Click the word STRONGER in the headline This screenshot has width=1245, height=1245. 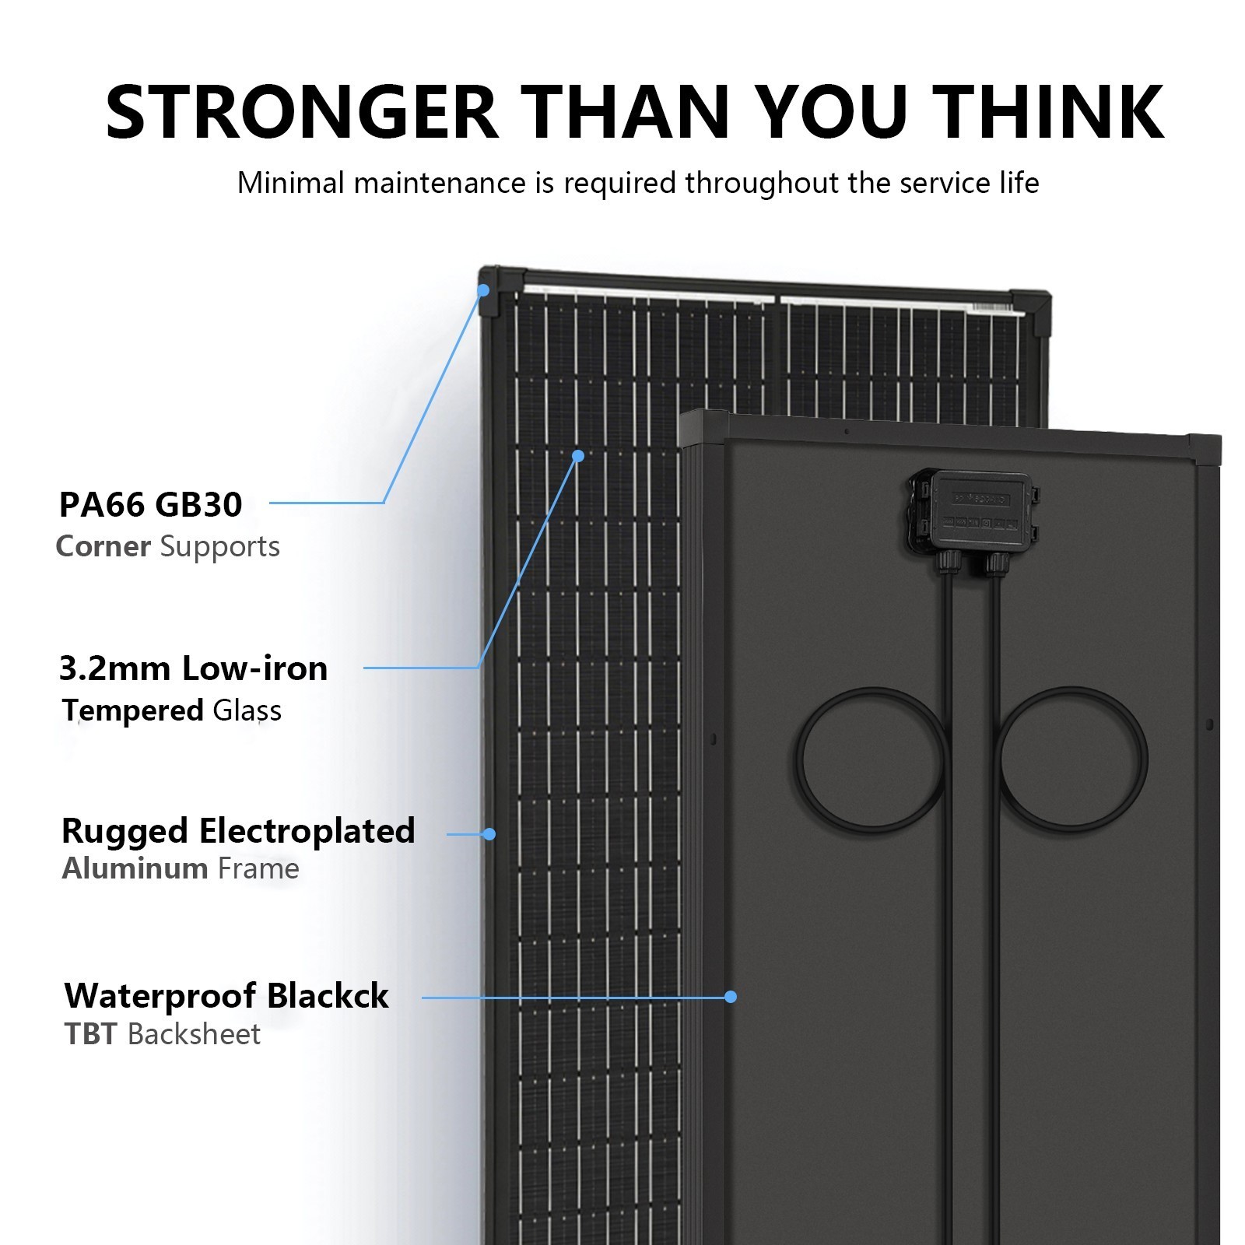pyautogui.click(x=302, y=111)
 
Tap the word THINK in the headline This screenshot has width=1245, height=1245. pyautogui.click(x=1047, y=111)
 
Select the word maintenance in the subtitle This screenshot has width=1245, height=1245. pyautogui.click(x=440, y=183)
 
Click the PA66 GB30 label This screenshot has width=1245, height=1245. pyautogui.click(x=151, y=504)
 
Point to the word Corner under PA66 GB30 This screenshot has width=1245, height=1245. pyautogui.click(x=103, y=546)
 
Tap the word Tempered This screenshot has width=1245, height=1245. pyautogui.click(x=133, y=711)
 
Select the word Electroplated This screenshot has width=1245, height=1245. pyautogui.click(x=307, y=832)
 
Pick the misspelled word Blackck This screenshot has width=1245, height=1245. pyautogui.click(x=328, y=996)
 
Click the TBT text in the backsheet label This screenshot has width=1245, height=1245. pyautogui.click(x=91, y=1034)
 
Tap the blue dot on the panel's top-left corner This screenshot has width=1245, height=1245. pyautogui.click(x=483, y=290)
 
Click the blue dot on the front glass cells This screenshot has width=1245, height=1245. pyautogui.click(x=578, y=456)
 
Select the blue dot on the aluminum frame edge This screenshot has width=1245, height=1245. pyautogui.click(x=489, y=834)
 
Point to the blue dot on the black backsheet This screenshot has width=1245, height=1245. pyautogui.click(x=731, y=997)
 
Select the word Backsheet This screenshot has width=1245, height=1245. pyautogui.click(x=195, y=1034)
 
